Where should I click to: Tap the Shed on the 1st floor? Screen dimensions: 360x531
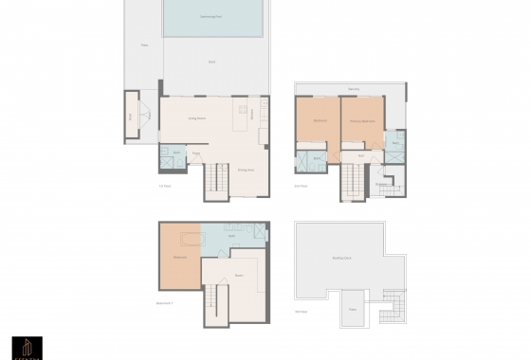point(132,116)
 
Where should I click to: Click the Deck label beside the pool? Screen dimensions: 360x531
point(212,62)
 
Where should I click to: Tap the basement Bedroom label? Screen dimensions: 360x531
point(179,256)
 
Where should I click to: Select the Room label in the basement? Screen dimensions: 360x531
point(240,276)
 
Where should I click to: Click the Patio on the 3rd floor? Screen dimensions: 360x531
point(352,310)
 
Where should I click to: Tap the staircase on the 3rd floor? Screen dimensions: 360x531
point(391,307)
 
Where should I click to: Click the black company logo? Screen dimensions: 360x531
point(26,347)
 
